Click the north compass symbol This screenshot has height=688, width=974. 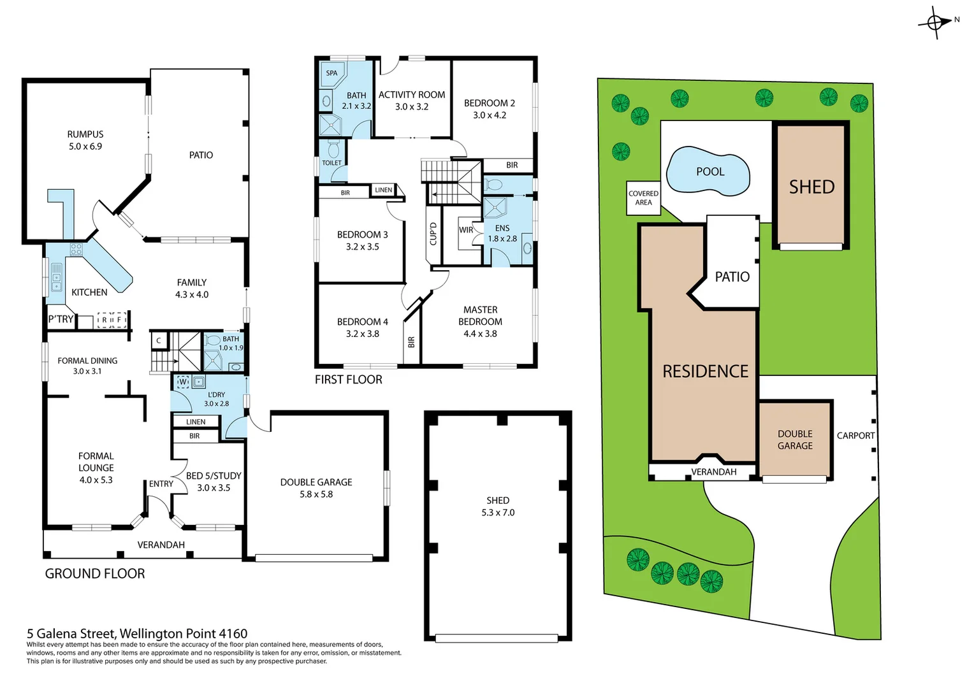935,23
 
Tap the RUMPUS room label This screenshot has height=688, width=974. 85,134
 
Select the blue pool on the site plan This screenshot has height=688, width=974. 708,171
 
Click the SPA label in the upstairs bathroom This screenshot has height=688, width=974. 331,73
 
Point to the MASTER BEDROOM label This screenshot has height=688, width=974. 480,315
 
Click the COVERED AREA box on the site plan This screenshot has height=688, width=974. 643,198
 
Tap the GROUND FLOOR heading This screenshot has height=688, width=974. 95,573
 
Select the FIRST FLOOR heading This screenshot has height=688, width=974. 348,380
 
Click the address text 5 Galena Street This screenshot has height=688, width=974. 136,633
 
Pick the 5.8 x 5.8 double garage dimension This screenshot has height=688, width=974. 316,494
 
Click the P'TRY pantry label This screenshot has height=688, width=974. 61,319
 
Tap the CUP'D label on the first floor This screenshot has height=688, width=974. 433,234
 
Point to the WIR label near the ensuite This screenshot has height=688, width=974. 466,230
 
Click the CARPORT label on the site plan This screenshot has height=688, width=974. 855,436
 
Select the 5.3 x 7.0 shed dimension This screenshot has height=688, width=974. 498,513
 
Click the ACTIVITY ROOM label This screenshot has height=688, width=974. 412,95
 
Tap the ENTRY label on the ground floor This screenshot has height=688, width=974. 161,484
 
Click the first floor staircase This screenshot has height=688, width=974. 450,182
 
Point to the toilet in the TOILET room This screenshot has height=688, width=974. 333,150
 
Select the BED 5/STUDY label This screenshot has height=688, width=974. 214,476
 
